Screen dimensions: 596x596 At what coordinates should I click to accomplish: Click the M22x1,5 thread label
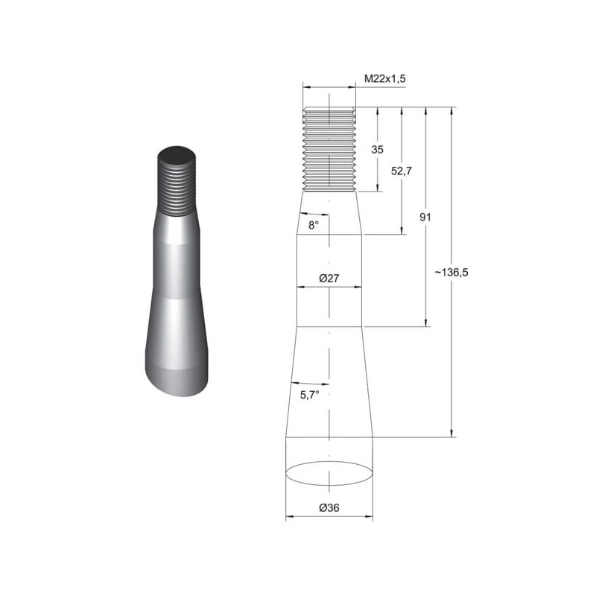(x=385, y=79)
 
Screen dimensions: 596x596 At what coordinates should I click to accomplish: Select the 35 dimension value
(x=378, y=150)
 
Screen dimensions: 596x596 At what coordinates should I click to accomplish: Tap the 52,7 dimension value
(x=402, y=171)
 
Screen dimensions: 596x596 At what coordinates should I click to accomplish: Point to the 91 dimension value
(x=425, y=217)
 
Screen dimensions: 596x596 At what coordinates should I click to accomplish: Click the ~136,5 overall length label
(x=451, y=272)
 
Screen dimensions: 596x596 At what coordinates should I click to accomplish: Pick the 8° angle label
(x=313, y=226)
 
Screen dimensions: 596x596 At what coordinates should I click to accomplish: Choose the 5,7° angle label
(x=309, y=396)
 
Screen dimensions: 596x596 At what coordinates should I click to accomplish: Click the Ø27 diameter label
(x=329, y=278)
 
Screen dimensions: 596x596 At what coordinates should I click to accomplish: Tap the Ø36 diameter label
(x=329, y=507)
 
